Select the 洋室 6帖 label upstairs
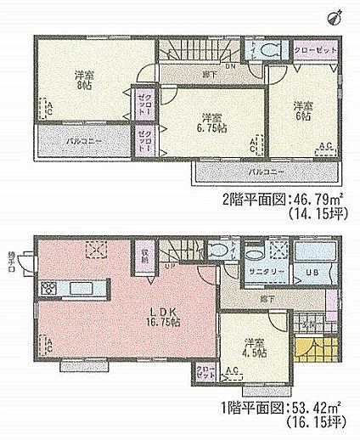301,110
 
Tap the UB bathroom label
310,272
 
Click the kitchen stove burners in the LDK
48,285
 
